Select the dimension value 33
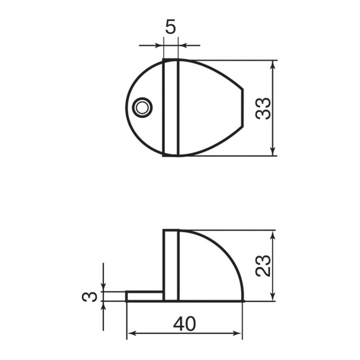click(x=263, y=108)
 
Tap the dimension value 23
click(x=263, y=265)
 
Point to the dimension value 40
click(x=184, y=323)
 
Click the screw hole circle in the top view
click(x=142, y=107)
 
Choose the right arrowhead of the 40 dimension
click(x=238, y=335)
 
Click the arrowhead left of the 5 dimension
click(x=159, y=45)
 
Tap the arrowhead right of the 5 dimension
click(x=183, y=45)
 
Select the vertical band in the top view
click(x=171, y=107)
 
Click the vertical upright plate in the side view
click(x=171, y=264)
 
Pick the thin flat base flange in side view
click(x=145, y=296)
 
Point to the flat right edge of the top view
click(x=243, y=107)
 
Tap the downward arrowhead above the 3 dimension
click(x=103, y=287)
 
